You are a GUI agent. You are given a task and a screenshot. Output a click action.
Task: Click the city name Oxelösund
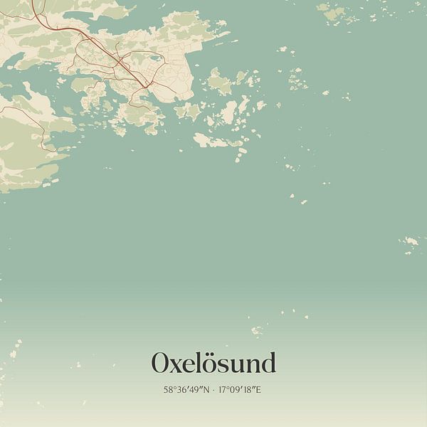213,364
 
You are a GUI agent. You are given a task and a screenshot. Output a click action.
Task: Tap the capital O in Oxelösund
161,364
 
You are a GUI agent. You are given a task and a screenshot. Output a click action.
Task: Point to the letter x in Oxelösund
178,366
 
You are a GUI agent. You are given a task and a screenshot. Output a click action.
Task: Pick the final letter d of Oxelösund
267,364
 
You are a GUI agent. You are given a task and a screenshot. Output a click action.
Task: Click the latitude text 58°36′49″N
186,390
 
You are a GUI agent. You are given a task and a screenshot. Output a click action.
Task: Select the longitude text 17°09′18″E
241,390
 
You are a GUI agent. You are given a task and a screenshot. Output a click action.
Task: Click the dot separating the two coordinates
213,390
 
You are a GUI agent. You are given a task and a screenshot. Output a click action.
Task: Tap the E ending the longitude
259,390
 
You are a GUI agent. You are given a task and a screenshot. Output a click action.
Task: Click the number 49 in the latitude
194,390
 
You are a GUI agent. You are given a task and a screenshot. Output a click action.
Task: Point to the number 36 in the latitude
181,390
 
